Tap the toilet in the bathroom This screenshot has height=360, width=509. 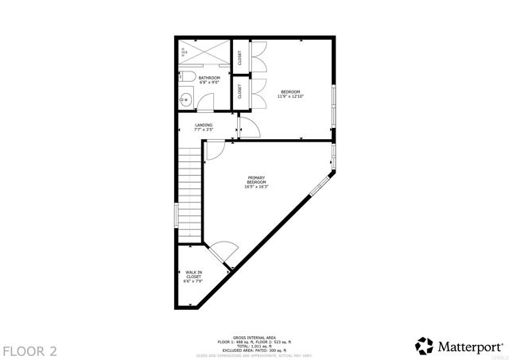click(x=185, y=77)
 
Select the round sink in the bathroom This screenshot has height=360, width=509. click(x=185, y=99)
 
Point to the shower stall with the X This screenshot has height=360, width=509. click(x=204, y=53)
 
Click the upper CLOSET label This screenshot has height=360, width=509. click(x=239, y=57)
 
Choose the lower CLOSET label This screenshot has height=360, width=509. click(x=239, y=91)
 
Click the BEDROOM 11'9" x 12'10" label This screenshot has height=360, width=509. click(x=290, y=94)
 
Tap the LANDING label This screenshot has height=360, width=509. click(x=204, y=127)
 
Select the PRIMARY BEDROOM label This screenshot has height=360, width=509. click(x=256, y=182)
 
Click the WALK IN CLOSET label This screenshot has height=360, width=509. click(x=193, y=277)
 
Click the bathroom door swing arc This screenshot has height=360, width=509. click(x=206, y=102)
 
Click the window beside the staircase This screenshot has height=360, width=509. click(x=177, y=215)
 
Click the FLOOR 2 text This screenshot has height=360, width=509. click(x=29, y=350)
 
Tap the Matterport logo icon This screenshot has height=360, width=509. click(x=425, y=346)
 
